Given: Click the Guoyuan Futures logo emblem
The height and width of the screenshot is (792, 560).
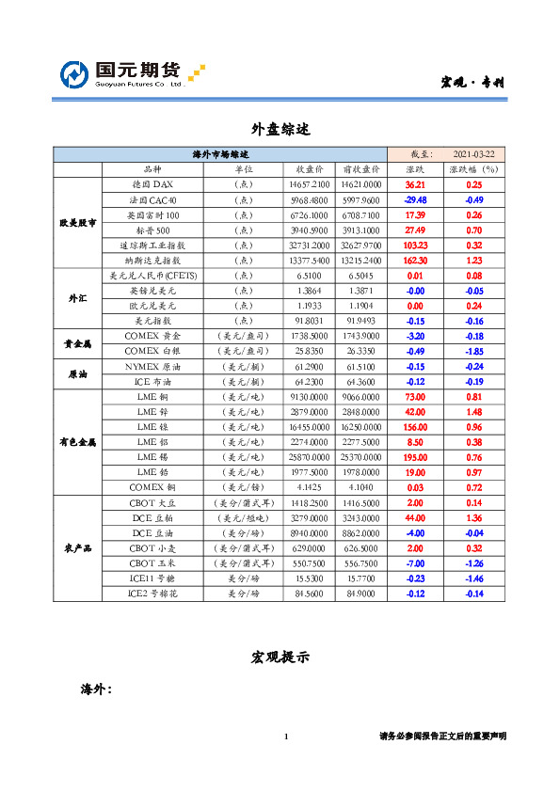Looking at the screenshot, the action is coord(74,74).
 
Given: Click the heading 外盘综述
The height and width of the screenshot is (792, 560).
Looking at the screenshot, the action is coord(280,128).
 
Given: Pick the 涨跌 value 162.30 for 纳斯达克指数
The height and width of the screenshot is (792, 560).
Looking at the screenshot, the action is coord(415,261).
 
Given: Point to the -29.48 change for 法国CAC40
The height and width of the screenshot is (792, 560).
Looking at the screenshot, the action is coord(415,200).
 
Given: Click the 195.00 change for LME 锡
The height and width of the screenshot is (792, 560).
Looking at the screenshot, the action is coord(415,456).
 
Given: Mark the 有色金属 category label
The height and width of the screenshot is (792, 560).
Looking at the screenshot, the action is coord(78,441).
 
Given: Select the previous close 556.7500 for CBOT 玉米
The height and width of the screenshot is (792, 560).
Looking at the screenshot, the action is coord(361,562).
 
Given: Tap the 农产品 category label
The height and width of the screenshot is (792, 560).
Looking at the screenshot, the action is coord(78,547).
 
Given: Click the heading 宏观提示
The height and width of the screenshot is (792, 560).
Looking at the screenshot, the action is coord(280,656).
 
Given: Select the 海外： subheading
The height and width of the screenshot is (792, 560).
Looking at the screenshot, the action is coord(96,689).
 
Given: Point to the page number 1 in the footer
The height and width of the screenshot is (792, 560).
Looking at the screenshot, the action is coord(285,736).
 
